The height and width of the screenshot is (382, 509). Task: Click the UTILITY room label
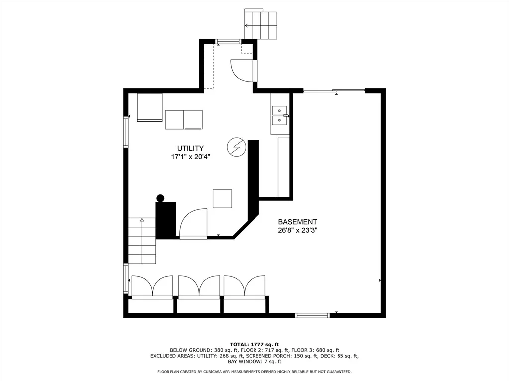[x=190, y=148]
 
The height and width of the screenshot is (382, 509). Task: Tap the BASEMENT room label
[x=297, y=222]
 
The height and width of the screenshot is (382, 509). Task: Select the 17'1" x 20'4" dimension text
[x=191, y=157]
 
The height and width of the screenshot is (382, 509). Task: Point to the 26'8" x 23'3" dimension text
[x=297, y=231]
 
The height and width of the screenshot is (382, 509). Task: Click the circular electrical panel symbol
[x=236, y=147]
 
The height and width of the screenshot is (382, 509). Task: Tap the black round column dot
[x=160, y=198]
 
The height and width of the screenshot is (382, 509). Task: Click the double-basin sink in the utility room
[x=279, y=115]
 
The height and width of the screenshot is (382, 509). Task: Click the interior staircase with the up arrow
[x=142, y=240]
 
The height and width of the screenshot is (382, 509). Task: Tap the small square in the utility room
[x=222, y=198]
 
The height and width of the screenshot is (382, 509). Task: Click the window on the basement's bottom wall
[x=312, y=315]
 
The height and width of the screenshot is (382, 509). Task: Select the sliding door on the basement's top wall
[x=334, y=91]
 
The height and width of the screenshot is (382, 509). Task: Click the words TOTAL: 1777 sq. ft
[x=254, y=344]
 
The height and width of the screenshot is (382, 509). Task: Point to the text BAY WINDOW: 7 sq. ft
[x=254, y=361]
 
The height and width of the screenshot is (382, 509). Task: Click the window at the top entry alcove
[x=228, y=41]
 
